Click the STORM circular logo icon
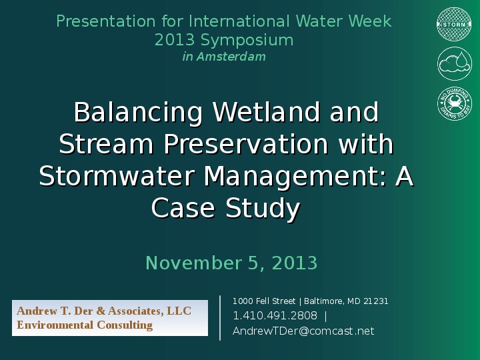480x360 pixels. [x=454, y=25]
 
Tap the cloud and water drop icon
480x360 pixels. [x=454, y=64]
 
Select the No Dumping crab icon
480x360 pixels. [x=454, y=103]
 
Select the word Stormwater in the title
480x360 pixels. [x=117, y=177]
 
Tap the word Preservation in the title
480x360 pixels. [x=245, y=145]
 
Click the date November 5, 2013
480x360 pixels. [x=231, y=263]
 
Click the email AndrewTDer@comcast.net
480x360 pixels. [x=303, y=331]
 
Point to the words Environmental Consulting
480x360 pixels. [x=85, y=325]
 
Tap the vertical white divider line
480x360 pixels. [x=220, y=317]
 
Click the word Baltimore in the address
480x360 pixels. [x=325, y=301]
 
